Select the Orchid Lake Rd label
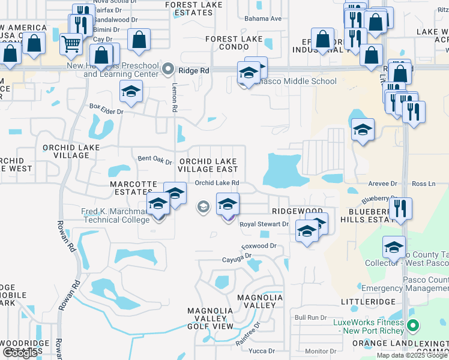tap(217, 183)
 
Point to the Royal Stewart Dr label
tap(264, 224)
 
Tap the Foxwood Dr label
tap(258, 246)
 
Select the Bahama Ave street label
tap(267, 19)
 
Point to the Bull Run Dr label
tap(310, 317)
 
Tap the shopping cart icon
tap(71, 43)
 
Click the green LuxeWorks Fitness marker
tap(412, 326)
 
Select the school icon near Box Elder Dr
tap(131, 92)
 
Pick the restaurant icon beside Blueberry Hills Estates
tap(400, 208)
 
